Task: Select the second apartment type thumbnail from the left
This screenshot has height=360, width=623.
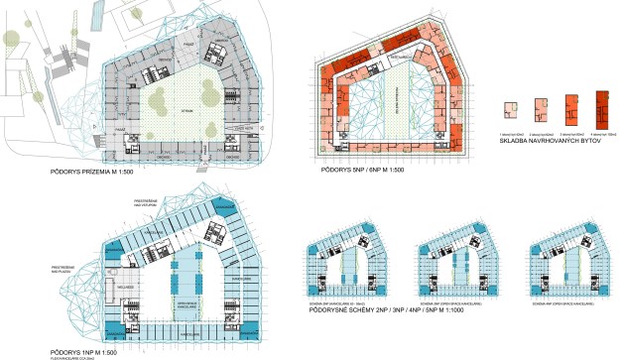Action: pyautogui.click(x=541, y=108)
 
